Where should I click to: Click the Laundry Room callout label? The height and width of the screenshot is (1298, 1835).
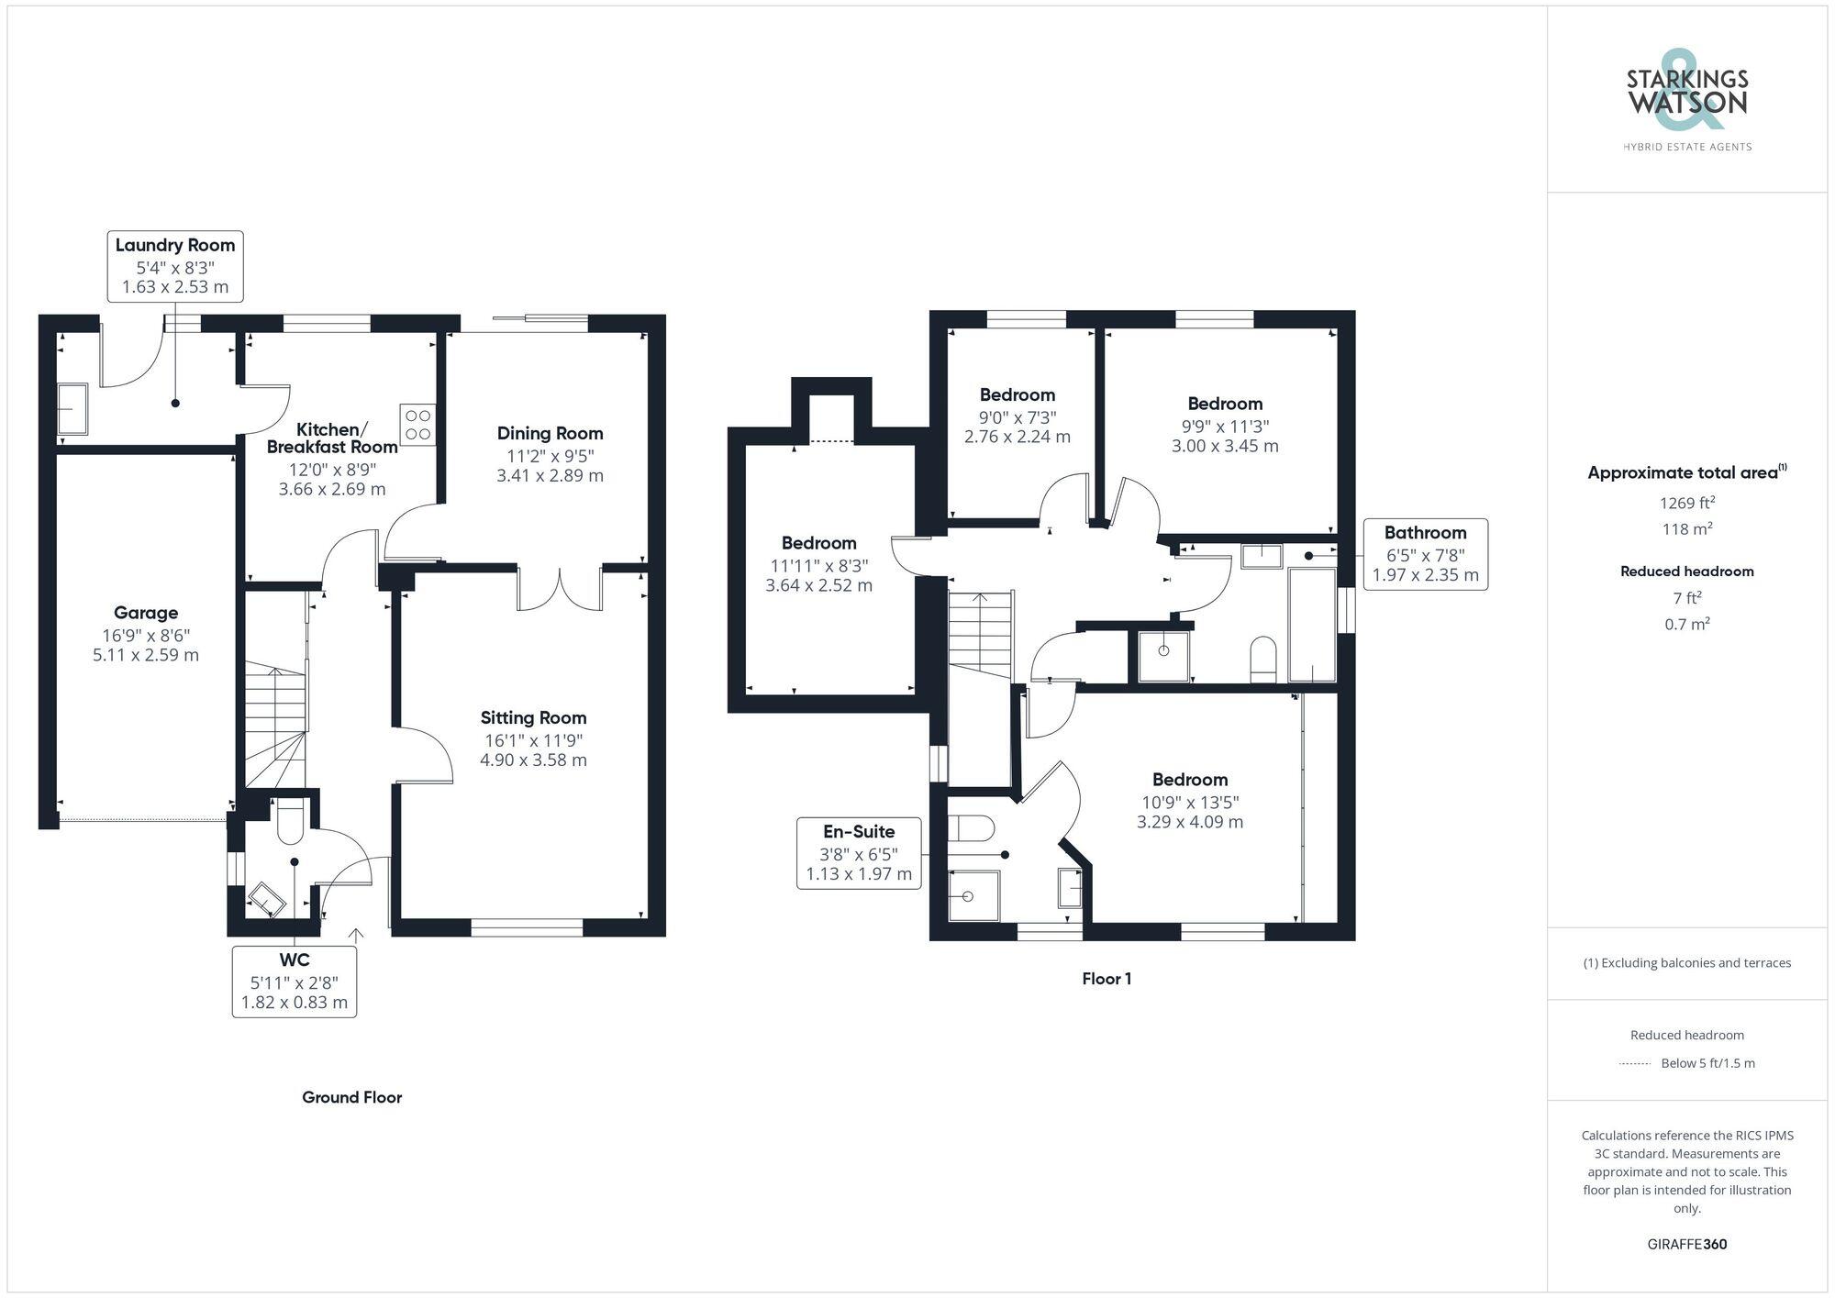tap(174, 246)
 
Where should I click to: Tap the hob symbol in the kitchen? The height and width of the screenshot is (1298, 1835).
tap(417, 425)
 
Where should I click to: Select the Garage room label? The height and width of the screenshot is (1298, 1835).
tap(146, 613)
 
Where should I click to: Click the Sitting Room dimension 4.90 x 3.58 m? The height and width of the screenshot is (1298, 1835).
tap(533, 760)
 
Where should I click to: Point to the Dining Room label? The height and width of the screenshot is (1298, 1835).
tap(550, 433)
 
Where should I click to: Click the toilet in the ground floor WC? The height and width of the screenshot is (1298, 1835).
tap(290, 822)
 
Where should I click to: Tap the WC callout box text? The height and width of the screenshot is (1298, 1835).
tap(294, 982)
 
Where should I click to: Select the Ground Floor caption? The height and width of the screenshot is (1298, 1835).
tap(351, 1097)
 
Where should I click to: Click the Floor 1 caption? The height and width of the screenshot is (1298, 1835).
tap(1106, 979)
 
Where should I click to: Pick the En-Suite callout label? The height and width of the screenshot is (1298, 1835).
tap(859, 832)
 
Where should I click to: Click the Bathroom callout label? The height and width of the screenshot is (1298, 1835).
tap(1425, 533)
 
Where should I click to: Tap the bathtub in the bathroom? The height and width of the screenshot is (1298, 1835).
tap(1312, 624)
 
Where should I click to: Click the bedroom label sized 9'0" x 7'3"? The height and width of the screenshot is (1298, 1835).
tap(1017, 395)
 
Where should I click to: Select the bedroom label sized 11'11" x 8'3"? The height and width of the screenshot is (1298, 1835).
tap(818, 543)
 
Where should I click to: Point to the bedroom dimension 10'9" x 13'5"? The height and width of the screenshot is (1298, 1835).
tap(1189, 803)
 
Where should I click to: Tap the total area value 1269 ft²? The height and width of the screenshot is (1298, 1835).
tap(1686, 503)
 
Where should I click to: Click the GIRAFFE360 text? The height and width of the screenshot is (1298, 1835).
tap(1686, 1244)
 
